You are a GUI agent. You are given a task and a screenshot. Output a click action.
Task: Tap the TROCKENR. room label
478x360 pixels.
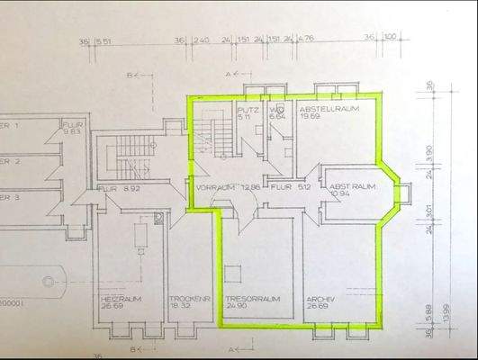187,299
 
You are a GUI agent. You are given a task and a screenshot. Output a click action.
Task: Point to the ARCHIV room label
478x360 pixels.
321,299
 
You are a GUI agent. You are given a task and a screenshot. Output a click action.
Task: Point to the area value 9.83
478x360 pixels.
71,133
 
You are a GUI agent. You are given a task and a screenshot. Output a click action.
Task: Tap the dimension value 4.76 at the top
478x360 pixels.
309,40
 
